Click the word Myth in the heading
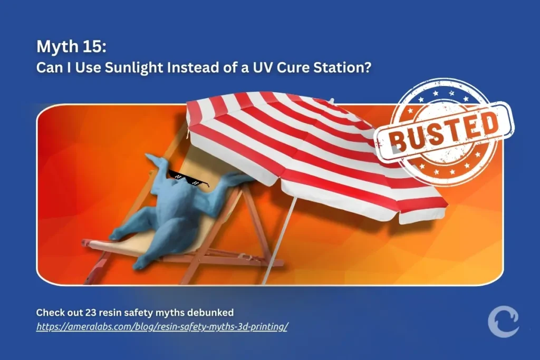pyautogui.click(x=56, y=47)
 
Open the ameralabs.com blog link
pyautogui.click(x=162, y=327)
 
